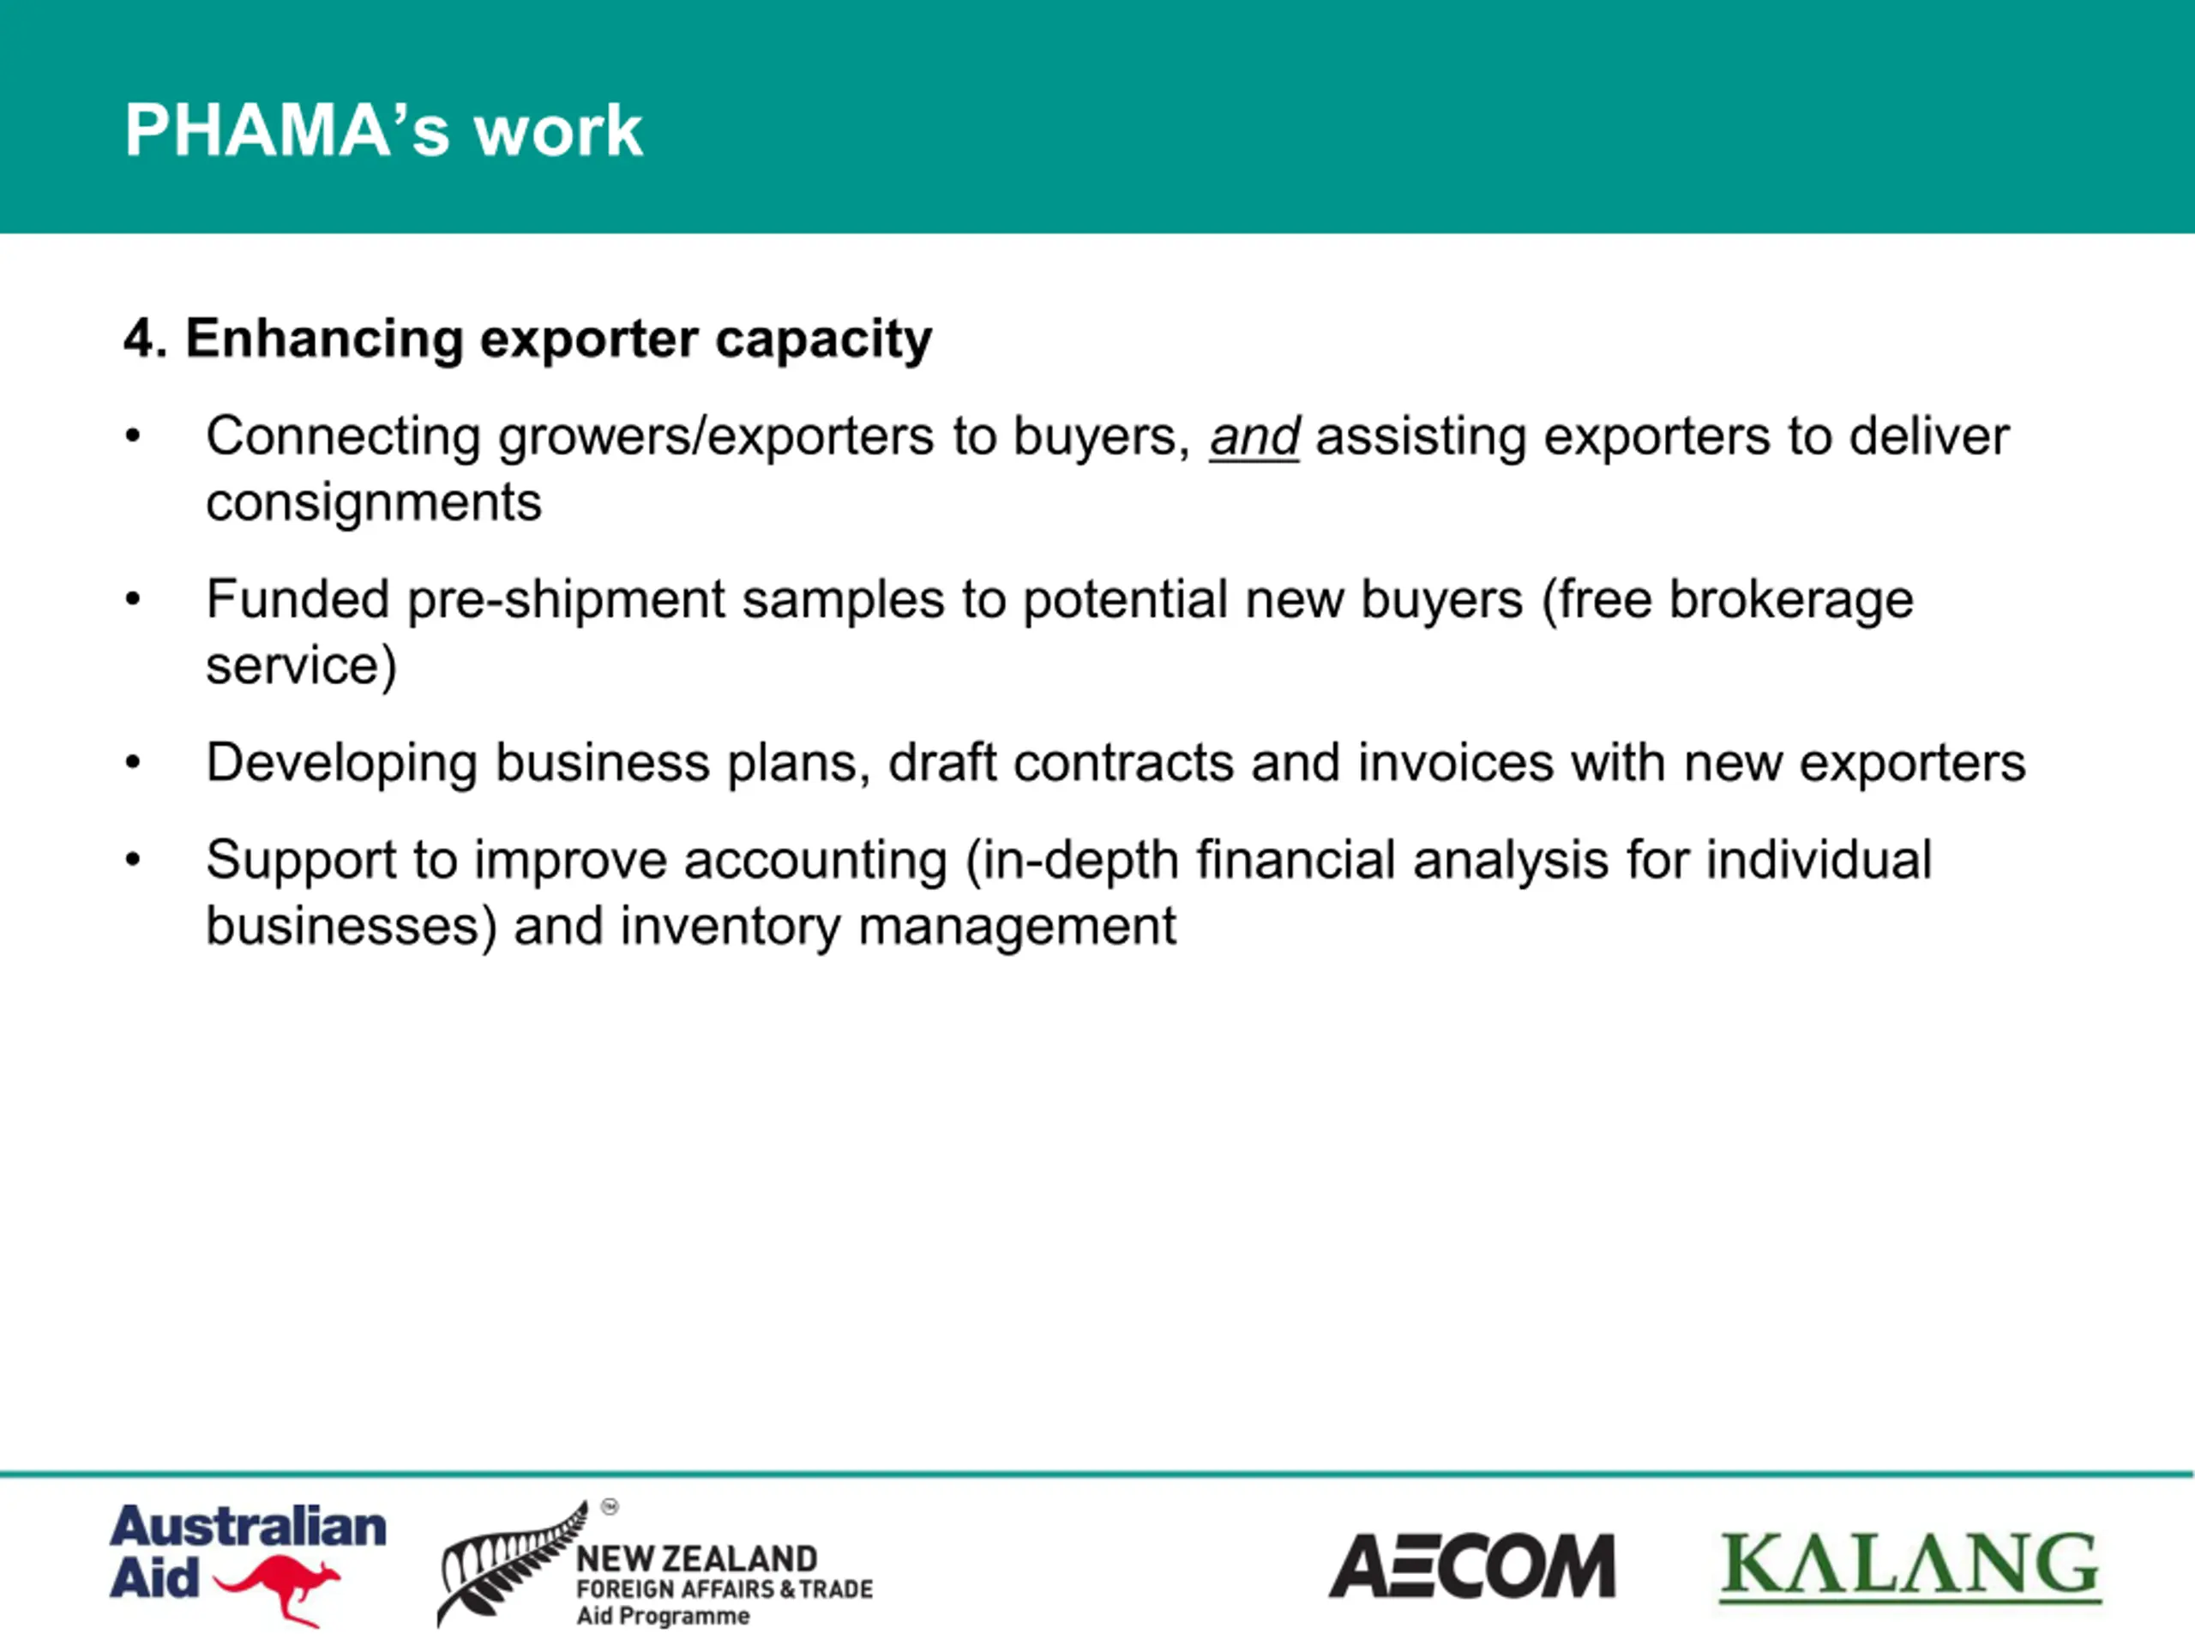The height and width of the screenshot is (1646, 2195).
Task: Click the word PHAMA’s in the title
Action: click(x=288, y=130)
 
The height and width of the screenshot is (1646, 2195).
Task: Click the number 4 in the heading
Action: click(x=139, y=339)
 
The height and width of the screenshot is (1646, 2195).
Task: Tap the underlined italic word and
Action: click(x=1254, y=436)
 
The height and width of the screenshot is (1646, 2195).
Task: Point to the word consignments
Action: click(x=374, y=502)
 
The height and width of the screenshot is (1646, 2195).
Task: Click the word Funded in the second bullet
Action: click(x=298, y=599)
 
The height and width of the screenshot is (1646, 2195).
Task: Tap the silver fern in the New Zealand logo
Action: click(x=511, y=1564)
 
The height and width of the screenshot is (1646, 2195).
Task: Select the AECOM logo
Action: click(x=1472, y=1566)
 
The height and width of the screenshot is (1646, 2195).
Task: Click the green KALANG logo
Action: click(x=1910, y=1568)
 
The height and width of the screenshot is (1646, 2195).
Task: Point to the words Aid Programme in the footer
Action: click(x=663, y=1616)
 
